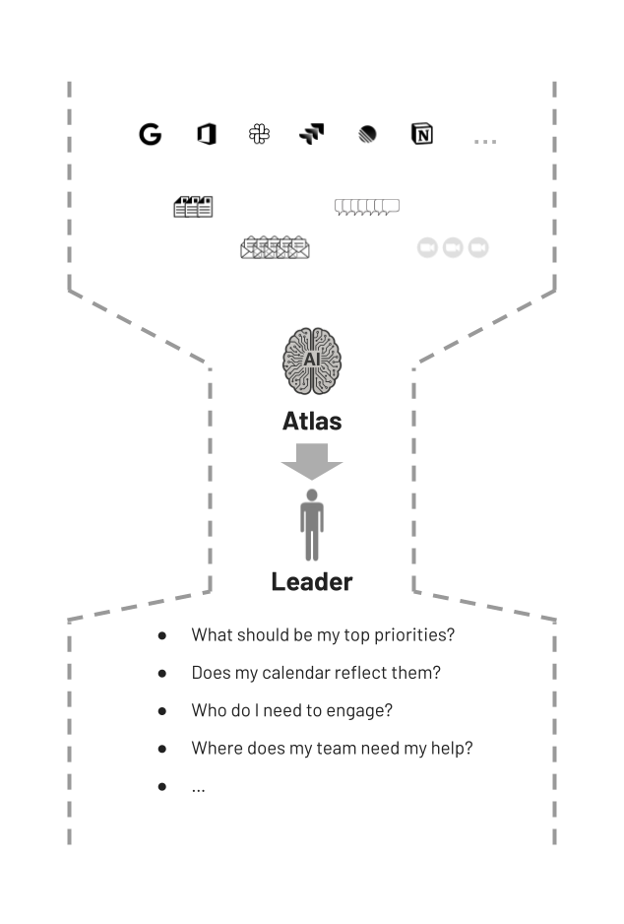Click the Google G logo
(150, 135)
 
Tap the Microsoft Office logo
(206, 134)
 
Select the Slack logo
(259, 134)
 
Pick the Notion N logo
(422, 134)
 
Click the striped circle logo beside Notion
(367, 135)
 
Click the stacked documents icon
(193, 206)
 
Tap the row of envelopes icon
(275, 247)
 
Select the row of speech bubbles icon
(366, 206)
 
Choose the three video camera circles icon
(453, 247)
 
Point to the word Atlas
(312, 422)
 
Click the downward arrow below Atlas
(312, 461)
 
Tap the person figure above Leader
(312, 524)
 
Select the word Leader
(312, 582)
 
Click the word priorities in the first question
(413, 635)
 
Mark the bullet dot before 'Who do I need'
(162, 711)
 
